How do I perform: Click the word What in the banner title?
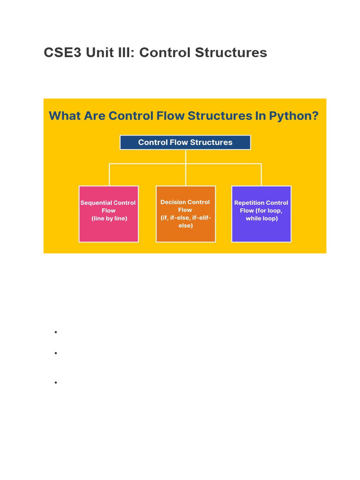coord(65,115)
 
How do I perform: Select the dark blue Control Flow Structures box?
coord(185,142)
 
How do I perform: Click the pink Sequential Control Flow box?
coord(109,230)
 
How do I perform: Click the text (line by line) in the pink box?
coord(109,218)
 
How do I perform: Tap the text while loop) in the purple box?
coord(262,218)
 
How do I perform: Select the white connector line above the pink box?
coord(110,174)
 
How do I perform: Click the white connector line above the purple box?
coord(261,174)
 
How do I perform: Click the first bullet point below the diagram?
coord(55,332)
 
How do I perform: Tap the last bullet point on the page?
coord(55,382)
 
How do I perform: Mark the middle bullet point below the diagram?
coord(55,353)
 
